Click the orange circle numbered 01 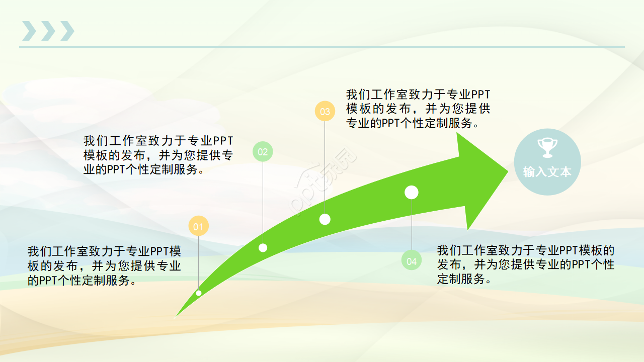(198, 226)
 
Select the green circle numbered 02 (263, 151)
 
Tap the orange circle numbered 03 (325, 111)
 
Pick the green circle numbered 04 (412, 260)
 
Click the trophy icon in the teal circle (547, 147)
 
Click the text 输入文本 (547, 171)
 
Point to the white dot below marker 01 (199, 293)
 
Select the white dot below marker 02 (263, 247)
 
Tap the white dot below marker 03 (325, 219)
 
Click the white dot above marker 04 (412, 192)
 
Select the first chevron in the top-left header (29, 31)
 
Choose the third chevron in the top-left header (67, 31)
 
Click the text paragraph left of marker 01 (104, 265)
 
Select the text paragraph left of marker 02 (158, 155)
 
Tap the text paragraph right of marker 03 (418, 109)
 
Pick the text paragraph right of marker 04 (525, 264)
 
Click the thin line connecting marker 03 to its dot (325, 166)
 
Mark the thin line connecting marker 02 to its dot (263, 201)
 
